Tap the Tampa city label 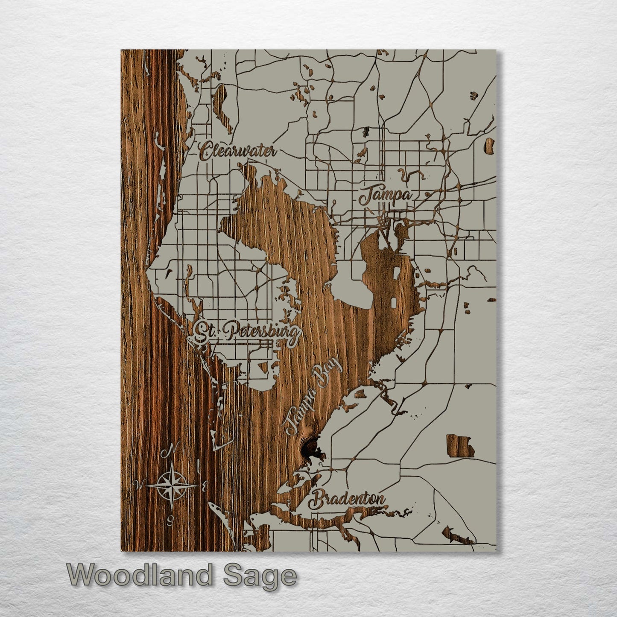[x=386, y=197]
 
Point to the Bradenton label [x=348, y=500]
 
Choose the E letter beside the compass [x=205, y=485]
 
